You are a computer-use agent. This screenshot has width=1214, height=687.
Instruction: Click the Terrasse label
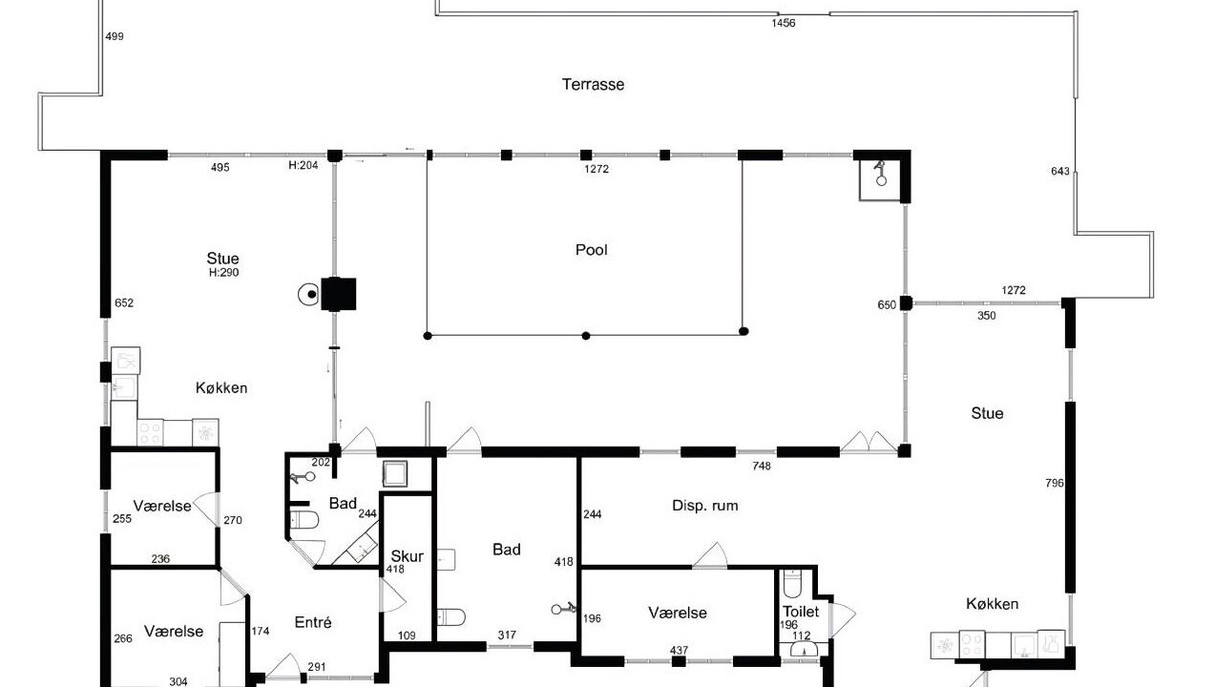coord(593,85)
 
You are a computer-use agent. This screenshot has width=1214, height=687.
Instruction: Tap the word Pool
coord(592,250)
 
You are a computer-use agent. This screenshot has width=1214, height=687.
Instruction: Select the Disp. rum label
coord(704,506)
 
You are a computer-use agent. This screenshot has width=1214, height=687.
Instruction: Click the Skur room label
coord(407,556)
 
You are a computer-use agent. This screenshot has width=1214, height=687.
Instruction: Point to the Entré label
coord(313,622)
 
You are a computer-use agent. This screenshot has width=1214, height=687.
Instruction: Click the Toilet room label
coord(801,612)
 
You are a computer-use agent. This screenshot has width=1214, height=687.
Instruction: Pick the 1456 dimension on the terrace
coord(784,23)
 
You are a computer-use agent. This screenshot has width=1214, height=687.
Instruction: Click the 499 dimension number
coord(115,36)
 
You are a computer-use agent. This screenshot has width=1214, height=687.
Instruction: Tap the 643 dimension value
coord(1060,171)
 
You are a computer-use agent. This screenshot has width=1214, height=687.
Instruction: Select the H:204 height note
coord(303,165)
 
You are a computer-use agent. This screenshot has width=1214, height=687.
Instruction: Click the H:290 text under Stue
coord(224,273)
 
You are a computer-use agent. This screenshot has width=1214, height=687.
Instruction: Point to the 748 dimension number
coord(762,466)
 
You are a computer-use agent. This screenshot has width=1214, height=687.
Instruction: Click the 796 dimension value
coord(1055,483)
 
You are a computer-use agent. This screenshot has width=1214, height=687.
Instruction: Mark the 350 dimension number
coord(987,315)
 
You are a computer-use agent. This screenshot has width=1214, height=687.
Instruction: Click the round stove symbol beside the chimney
coord(309,294)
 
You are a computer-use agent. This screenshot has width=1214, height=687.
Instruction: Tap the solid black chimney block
coord(338,294)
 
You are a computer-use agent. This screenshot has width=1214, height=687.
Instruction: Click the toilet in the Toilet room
coord(792,584)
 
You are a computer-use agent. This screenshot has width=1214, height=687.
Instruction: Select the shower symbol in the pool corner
coord(881,174)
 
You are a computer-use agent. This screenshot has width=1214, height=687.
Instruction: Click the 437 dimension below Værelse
coord(679,650)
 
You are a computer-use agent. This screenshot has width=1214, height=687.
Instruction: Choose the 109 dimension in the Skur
coord(407,635)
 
